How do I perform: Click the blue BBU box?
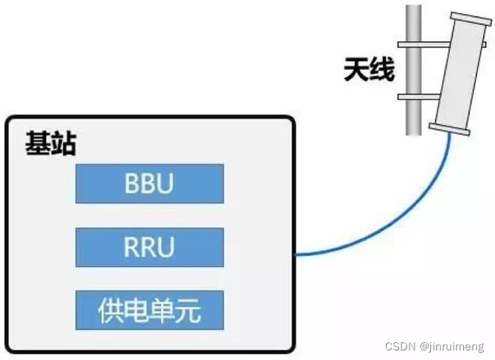point(149,184)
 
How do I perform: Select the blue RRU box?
point(149,247)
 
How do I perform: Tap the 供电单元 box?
point(149,311)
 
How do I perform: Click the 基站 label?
point(50,144)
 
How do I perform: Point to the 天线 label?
point(369,70)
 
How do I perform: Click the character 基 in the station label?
point(38,144)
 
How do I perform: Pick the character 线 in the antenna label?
point(381,70)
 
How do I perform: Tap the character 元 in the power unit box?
point(187,311)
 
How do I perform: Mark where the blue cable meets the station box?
point(295,255)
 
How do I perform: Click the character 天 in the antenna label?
point(356,70)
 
